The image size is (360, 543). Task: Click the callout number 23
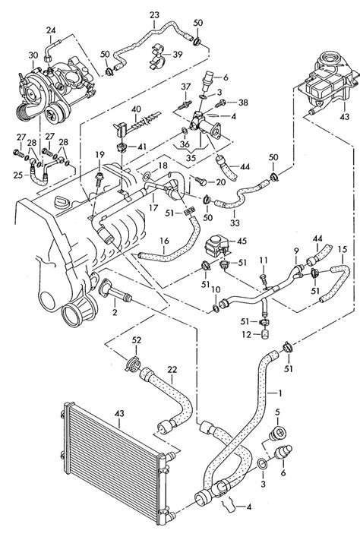click(154, 15)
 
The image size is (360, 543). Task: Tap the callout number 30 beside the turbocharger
click(33, 55)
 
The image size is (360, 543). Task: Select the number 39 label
click(178, 55)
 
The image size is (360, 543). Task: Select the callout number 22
click(172, 370)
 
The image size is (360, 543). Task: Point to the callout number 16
click(164, 241)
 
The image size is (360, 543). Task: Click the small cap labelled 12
click(265, 334)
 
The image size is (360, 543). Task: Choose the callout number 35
click(191, 157)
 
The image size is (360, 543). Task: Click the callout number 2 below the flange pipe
click(115, 312)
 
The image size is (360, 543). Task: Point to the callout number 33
click(235, 223)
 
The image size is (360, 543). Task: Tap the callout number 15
click(343, 249)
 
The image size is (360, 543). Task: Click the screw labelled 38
click(221, 103)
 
